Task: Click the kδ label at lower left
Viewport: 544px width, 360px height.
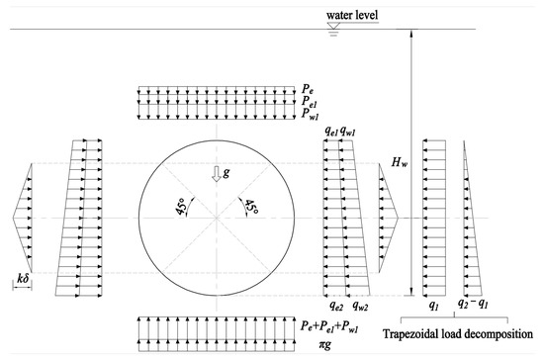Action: tap(22, 282)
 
